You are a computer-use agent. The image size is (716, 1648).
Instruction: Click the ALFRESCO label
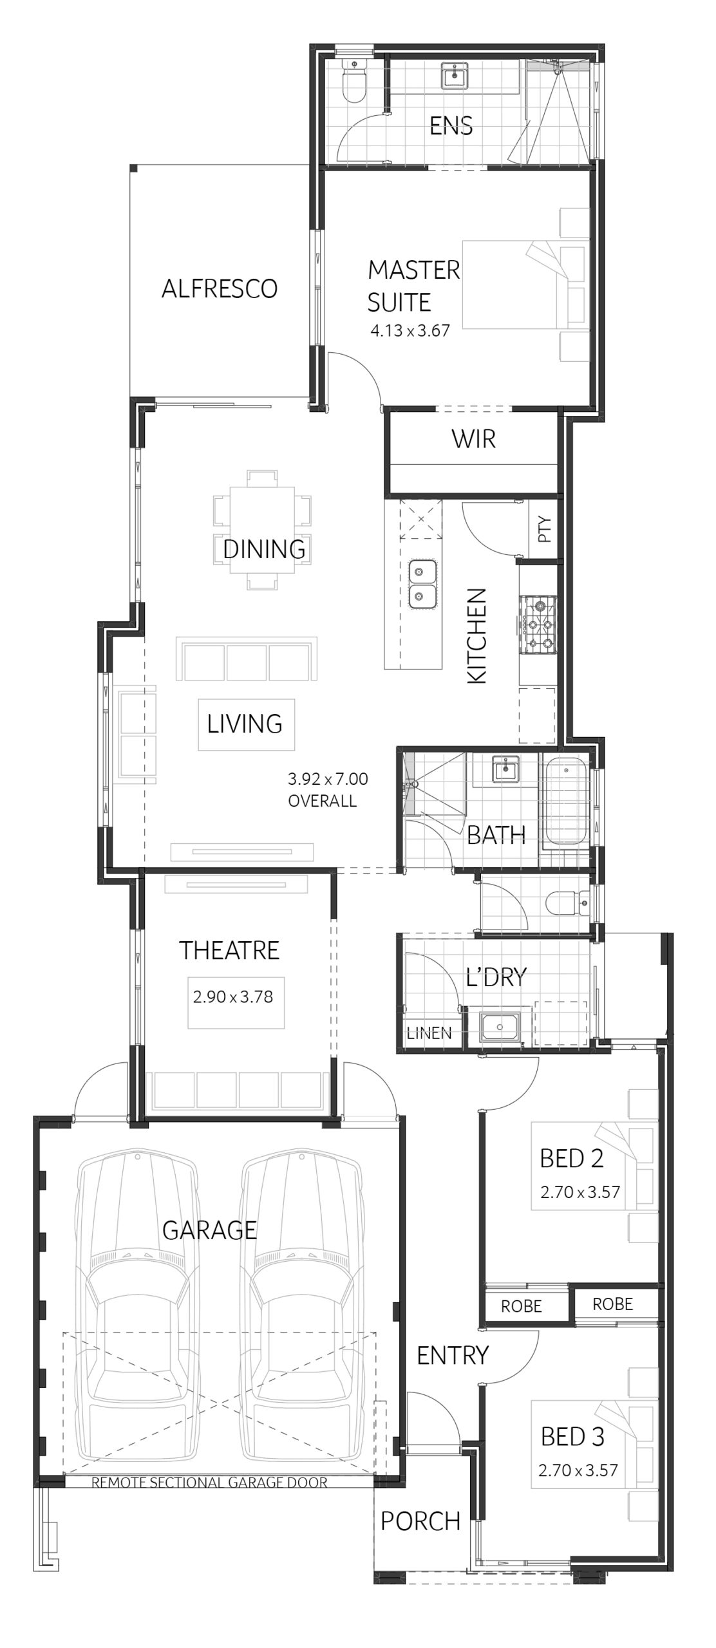pyautogui.click(x=219, y=288)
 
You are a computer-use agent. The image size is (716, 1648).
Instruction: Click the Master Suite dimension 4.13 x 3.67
pyautogui.click(x=410, y=331)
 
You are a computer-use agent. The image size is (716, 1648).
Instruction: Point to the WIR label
pyautogui.click(x=474, y=439)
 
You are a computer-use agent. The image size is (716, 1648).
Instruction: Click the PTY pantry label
pyautogui.click(x=545, y=529)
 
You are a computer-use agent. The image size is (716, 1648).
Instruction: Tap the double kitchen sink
pyautogui.click(x=422, y=583)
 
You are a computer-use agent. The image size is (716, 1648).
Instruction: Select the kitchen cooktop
pyautogui.click(x=538, y=624)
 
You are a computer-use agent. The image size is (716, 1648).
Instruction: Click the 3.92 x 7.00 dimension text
pyautogui.click(x=328, y=779)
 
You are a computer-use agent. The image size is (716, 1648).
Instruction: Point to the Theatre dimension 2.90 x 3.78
pyautogui.click(x=233, y=997)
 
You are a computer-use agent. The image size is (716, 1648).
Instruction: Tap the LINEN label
pyautogui.click(x=429, y=1033)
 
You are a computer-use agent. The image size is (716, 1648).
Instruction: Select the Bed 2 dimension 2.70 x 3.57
pyautogui.click(x=580, y=1192)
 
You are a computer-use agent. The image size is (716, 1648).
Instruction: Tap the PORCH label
pyautogui.click(x=420, y=1521)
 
